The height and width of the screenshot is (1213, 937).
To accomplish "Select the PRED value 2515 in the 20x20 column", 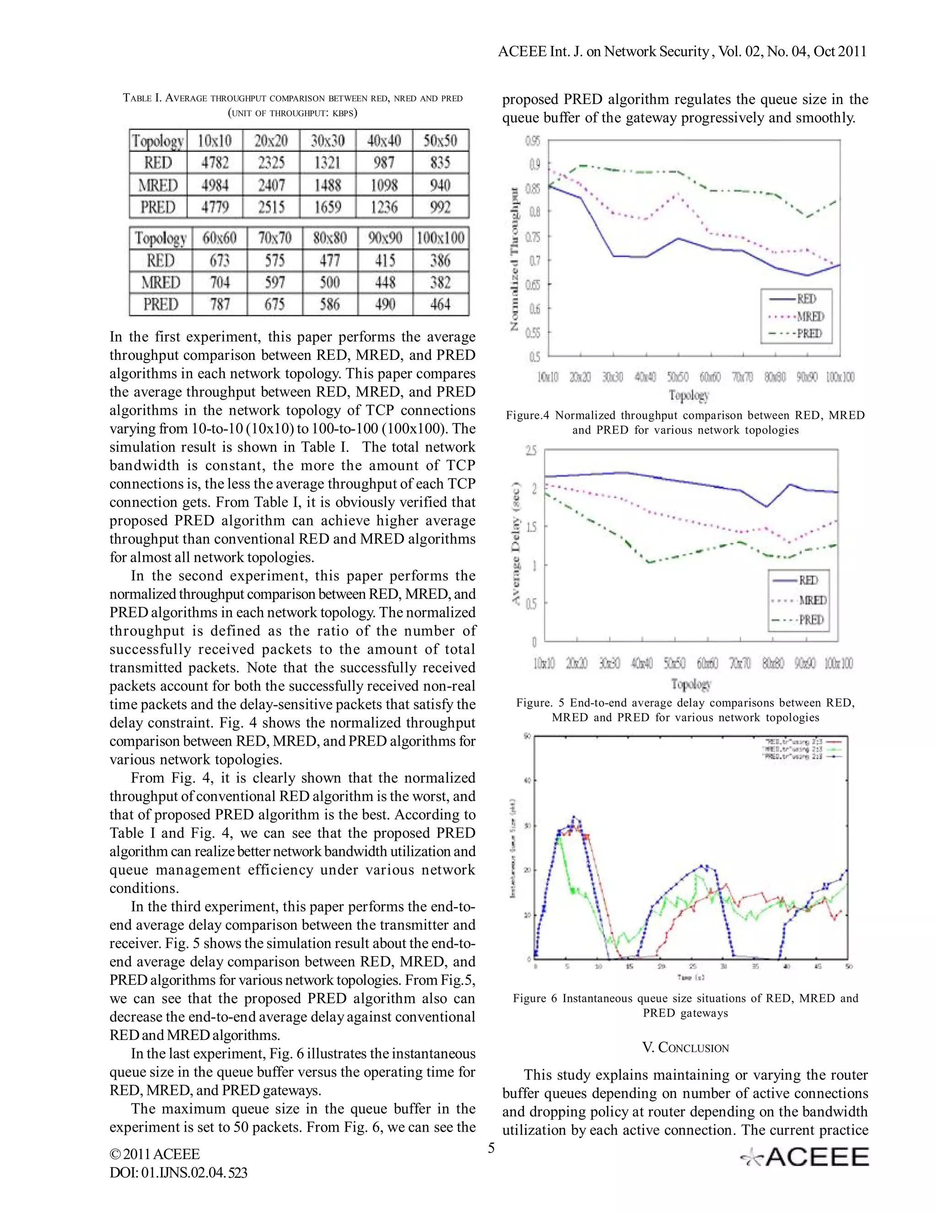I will click(x=271, y=207).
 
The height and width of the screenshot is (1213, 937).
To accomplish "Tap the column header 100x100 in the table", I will click(x=441, y=238).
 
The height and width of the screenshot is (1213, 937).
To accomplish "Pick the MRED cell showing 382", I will click(x=441, y=282).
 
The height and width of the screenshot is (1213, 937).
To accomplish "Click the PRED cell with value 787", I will click(x=220, y=304).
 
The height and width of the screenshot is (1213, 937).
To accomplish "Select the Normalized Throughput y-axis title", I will click(x=515, y=260).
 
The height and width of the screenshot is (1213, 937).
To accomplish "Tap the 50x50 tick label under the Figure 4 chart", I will click(x=678, y=377).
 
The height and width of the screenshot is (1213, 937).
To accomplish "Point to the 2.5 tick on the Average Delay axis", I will click(x=532, y=450).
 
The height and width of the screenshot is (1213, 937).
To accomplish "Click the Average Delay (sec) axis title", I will click(x=516, y=544).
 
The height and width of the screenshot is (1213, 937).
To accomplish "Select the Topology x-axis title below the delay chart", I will click(x=690, y=684).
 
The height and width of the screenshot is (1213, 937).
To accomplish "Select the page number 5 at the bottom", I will click(x=491, y=1148).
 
